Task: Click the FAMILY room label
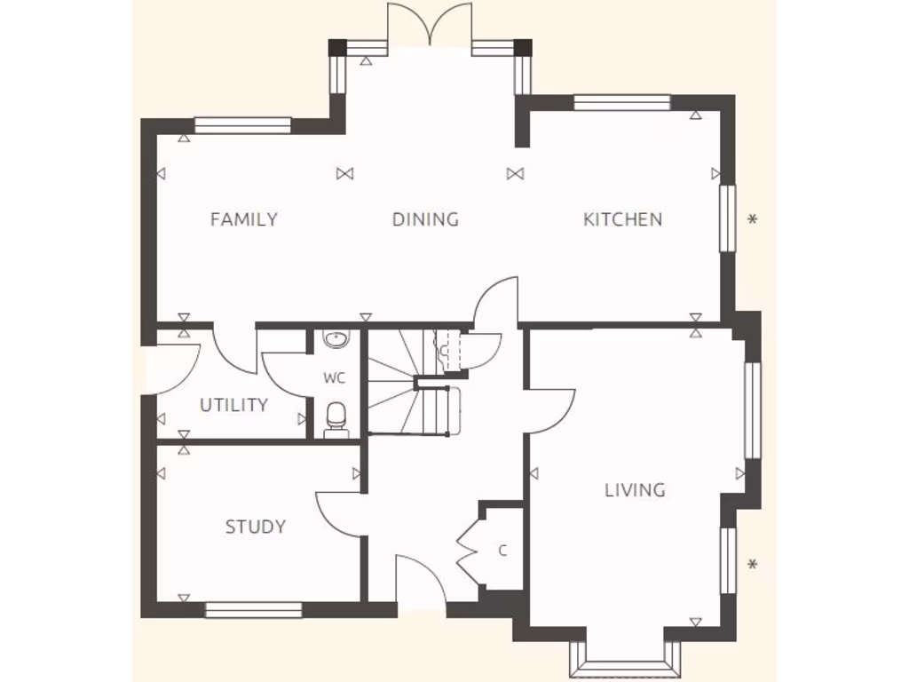(x=244, y=219)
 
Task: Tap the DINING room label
(x=426, y=219)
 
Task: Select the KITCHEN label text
(x=622, y=219)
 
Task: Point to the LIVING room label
(x=636, y=490)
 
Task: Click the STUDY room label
(x=256, y=527)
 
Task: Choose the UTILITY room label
(x=233, y=406)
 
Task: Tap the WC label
(x=334, y=378)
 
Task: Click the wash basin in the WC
(x=336, y=338)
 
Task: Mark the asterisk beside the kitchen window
(x=753, y=219)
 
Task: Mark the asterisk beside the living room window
(x=753, y=564)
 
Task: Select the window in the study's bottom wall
(x=254, y=610)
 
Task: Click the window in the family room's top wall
(x=242, y=125)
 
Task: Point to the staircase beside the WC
(x=413, y=382)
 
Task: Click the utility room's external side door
(x=169, y=369)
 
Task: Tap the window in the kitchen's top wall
(x=621, y=102)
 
